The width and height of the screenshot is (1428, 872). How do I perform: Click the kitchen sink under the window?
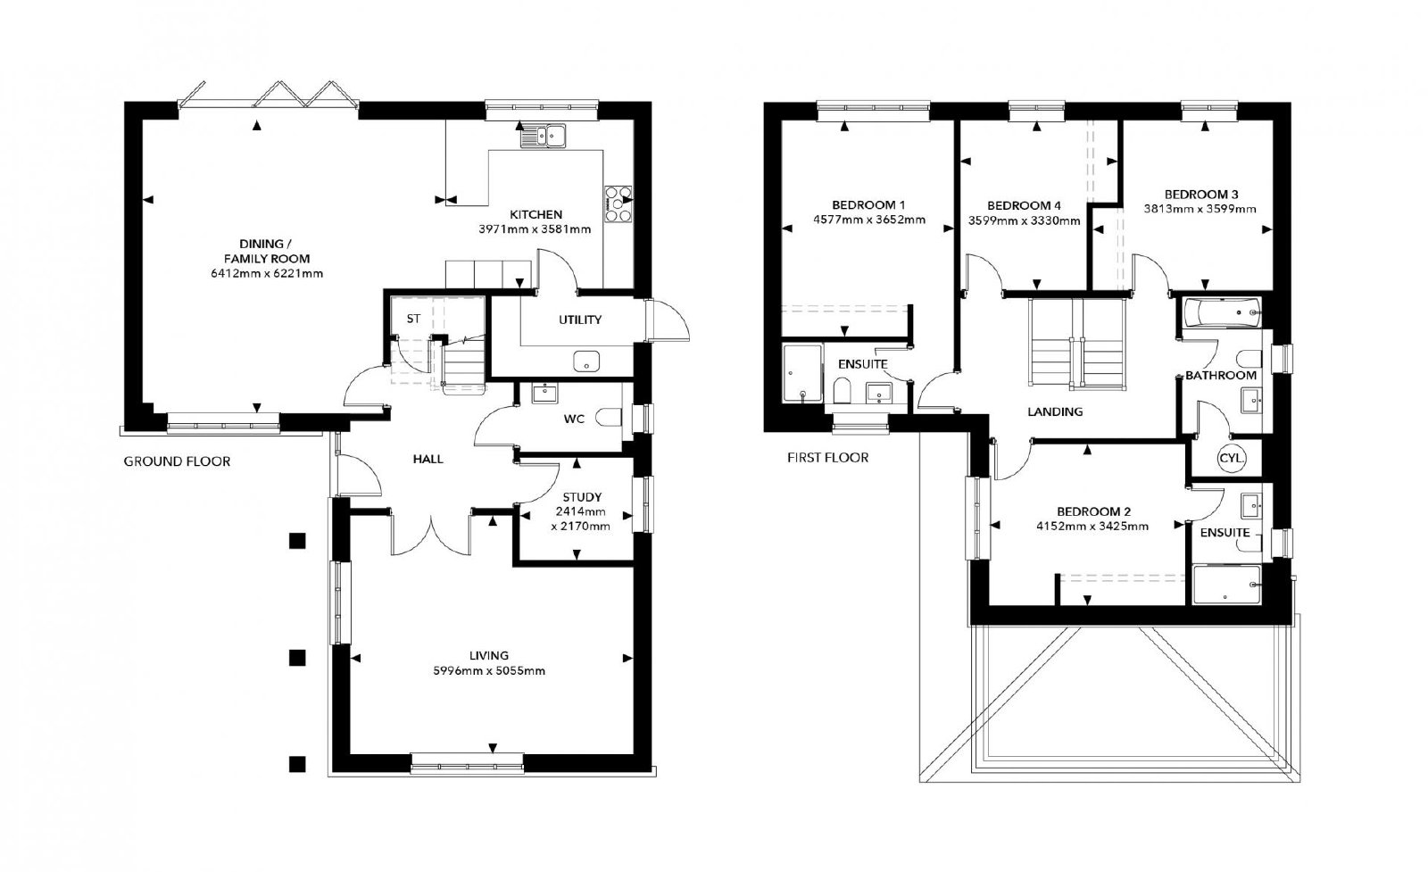(x=544, y=135)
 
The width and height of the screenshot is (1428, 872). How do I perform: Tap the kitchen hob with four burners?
(x=618, y=204)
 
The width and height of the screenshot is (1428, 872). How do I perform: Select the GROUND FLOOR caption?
(x=177, y=461)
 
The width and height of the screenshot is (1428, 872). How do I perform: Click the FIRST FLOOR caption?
(x=827, y=458)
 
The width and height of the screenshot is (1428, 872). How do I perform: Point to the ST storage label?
(x=413, y=319)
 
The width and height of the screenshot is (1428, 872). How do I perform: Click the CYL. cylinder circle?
(x=1231, y=458)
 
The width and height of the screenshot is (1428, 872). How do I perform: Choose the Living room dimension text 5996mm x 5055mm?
(x=489, y=670)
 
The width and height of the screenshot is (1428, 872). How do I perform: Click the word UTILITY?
(x=580, y=320)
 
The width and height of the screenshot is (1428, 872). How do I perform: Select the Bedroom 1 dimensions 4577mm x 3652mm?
(x=869, y=220)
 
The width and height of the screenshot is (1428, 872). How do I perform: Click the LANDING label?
(x=1055, y=411)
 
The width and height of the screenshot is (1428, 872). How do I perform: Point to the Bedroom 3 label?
(x=1201, y=195)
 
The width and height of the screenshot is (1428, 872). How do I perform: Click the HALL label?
(x=428, y=459)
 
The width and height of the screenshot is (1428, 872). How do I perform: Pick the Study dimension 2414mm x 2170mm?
(x=581, y=519)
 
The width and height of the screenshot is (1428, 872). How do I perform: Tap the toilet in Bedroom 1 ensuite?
(x=843, y=391)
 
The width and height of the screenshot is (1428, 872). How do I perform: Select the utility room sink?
(x=586, y=361)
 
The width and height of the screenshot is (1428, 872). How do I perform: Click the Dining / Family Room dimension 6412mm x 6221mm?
(x=267, y=274)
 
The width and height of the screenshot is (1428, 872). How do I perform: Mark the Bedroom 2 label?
(x=1093, y=511)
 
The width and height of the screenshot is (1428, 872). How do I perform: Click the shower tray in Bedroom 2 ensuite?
(x=1226, y=585)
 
